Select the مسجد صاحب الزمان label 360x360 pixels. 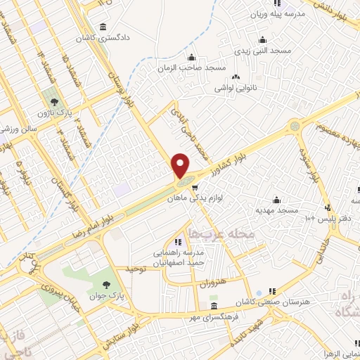tap(195, 67)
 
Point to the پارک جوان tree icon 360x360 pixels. tap(106, 285)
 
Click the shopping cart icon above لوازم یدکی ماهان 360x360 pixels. tap(194, 188)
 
